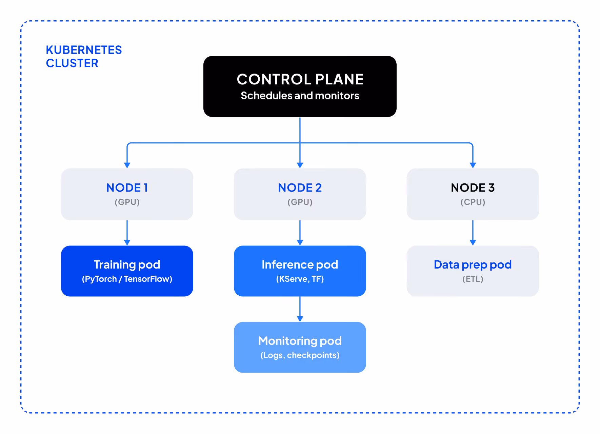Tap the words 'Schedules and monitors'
tap(300, 96)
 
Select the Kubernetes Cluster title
tap(84, 57)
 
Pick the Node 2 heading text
tap(300, 188)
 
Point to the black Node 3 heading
tap(473, 188)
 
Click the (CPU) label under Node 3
tap(473, 202)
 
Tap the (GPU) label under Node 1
tap(127, 202)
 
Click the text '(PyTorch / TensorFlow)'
tap(127, 279)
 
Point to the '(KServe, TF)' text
tap(300, 279)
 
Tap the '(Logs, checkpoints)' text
tap(300, 355)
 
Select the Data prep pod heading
tap(473, 265)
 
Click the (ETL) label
tap(473, 279)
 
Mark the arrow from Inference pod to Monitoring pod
tap(300, 309)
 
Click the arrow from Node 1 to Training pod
tap(127, 232)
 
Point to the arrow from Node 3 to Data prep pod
tap(473, 232)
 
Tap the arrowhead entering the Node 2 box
tap(300, 165)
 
